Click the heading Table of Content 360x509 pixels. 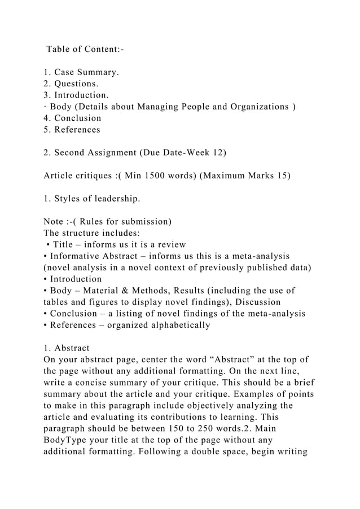coord(85,50)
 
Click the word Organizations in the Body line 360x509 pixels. coord(258,107)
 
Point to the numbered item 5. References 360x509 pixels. coord(72,130)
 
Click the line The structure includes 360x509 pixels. coord(92,232)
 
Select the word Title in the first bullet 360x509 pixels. coord(67,244)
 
